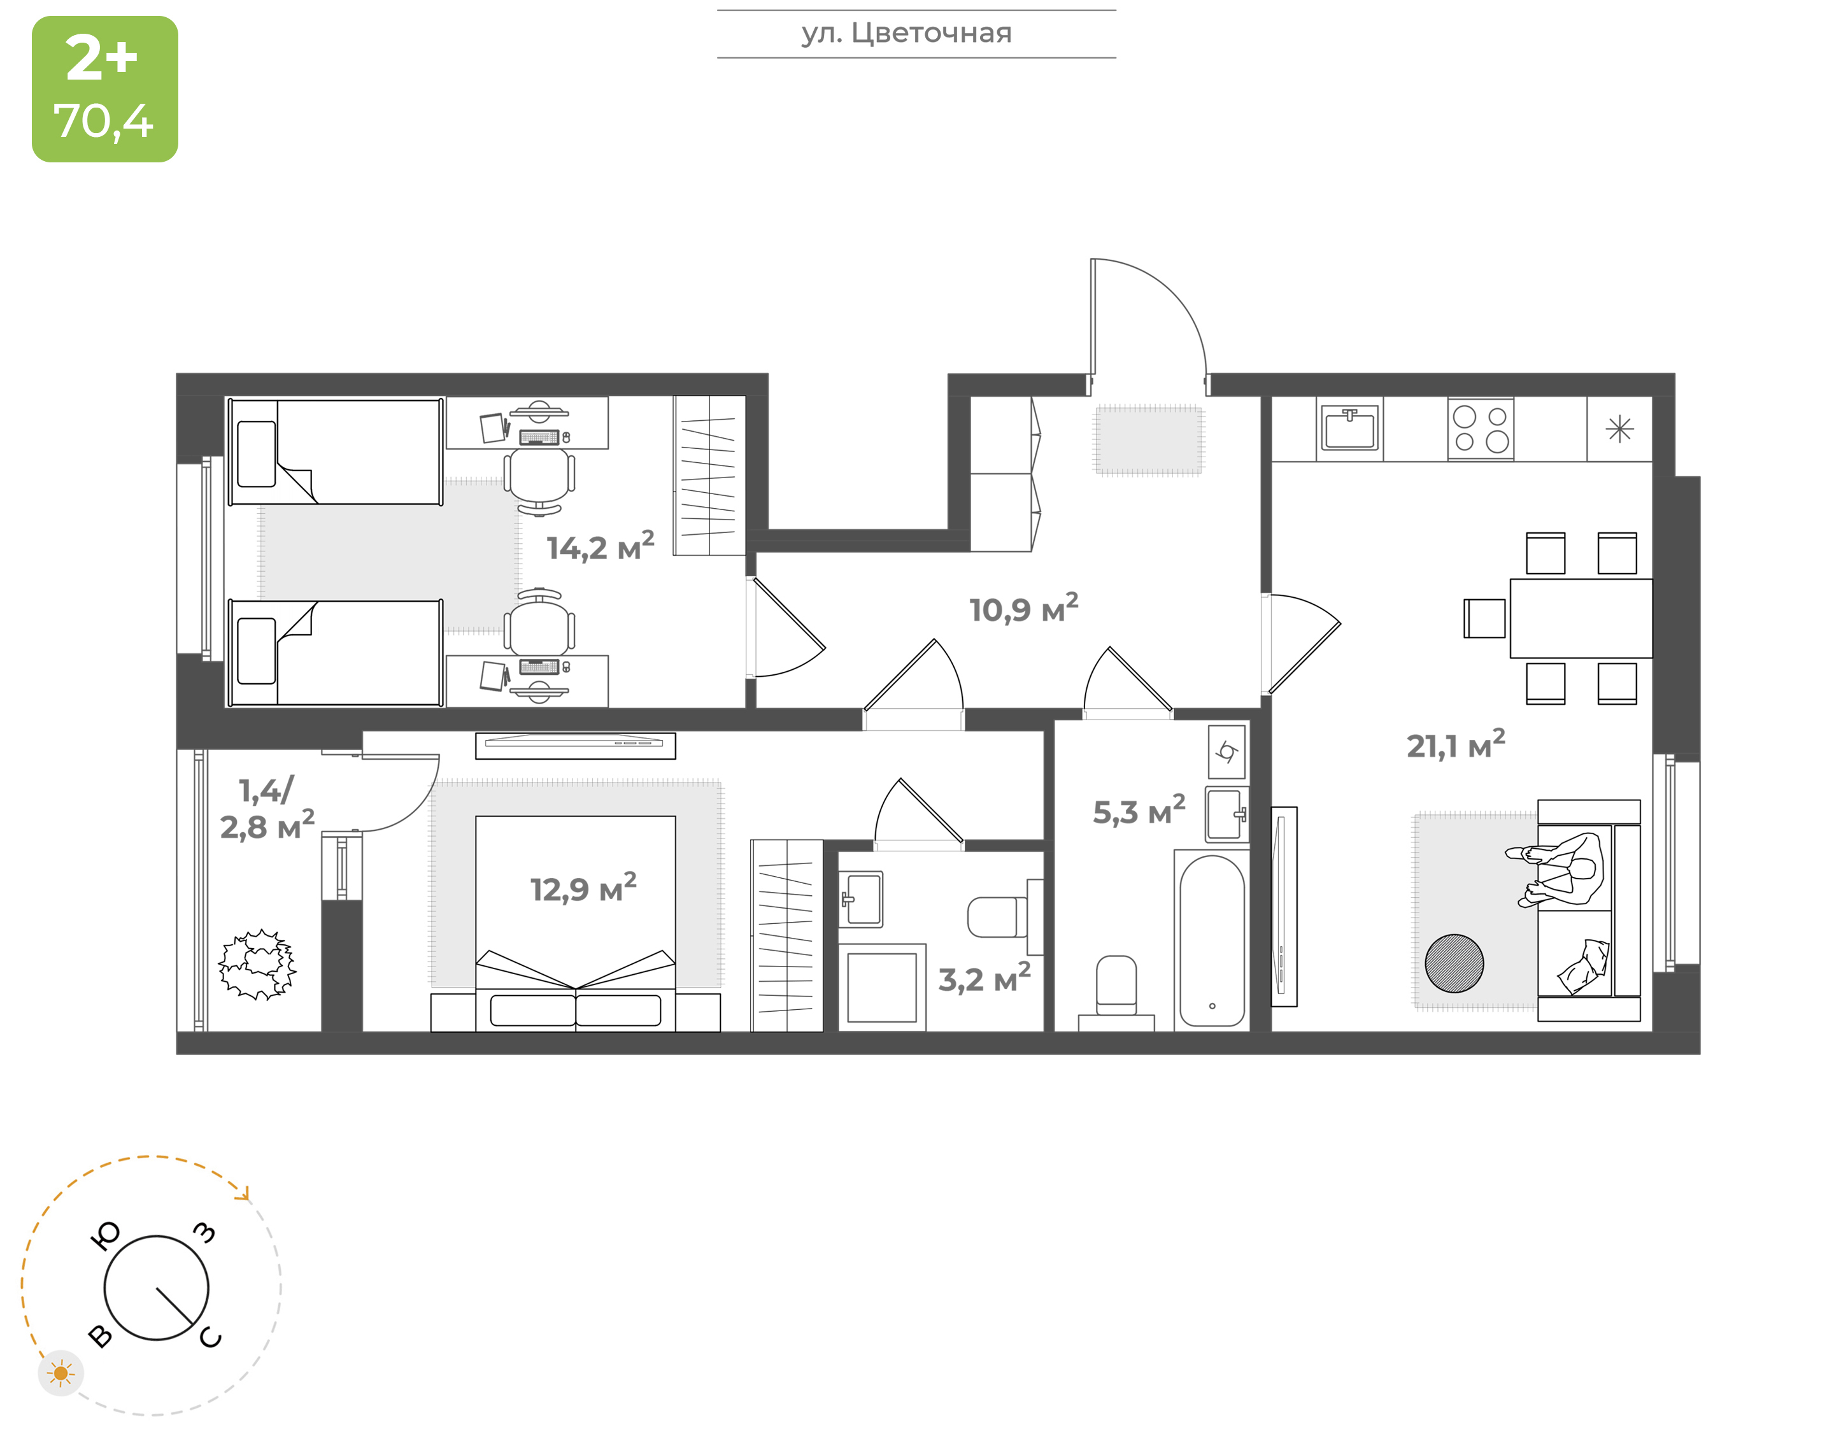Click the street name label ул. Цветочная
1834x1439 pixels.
[906, 34]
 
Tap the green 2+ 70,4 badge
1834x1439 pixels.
[105, 89]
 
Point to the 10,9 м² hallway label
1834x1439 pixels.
[1023, 608]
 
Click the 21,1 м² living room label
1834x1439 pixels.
[1455, 745]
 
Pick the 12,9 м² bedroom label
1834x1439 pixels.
[583, 888]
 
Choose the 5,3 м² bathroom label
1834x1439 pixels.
[1138, 811]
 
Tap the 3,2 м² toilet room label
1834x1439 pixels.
[984, 978]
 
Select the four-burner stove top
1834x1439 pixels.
[1480, 429]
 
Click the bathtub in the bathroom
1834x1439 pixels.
[1211, 940]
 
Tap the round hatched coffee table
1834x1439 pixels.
[1454, 963]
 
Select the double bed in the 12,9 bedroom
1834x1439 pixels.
[576, 923]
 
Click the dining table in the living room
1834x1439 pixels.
[1581, 618]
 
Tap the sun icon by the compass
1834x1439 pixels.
[60, 1373]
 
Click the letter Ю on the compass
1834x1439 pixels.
[105, 1236]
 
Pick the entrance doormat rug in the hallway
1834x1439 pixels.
[1149, 441]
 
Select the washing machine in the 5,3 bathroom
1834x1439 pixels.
[1226, 751]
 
